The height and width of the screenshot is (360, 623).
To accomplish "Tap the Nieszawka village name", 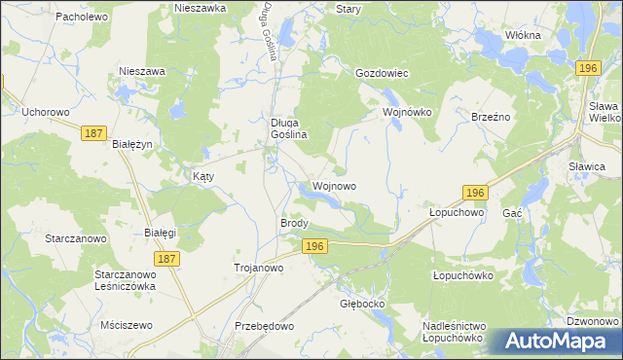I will click(x=201, y=8).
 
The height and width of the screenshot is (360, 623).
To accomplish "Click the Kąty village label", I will click(x=202, y=177).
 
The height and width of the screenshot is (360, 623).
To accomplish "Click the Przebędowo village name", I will click(x=265, y=326).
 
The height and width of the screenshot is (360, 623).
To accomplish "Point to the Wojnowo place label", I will click(x=334, y=185).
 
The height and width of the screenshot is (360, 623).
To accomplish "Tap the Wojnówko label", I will click(x=406, y=112).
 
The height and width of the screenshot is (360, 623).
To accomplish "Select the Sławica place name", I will click(x=587, y=166).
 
